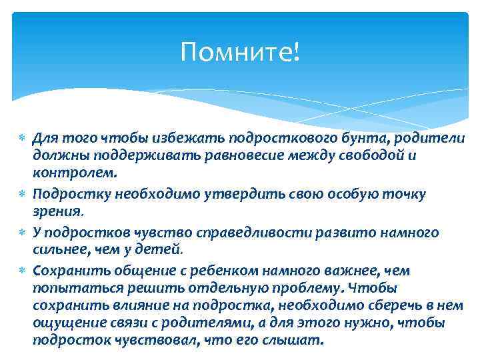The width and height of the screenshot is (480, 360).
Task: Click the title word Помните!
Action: [x=240, y=51]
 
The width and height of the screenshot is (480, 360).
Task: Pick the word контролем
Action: [x=75, y=174]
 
